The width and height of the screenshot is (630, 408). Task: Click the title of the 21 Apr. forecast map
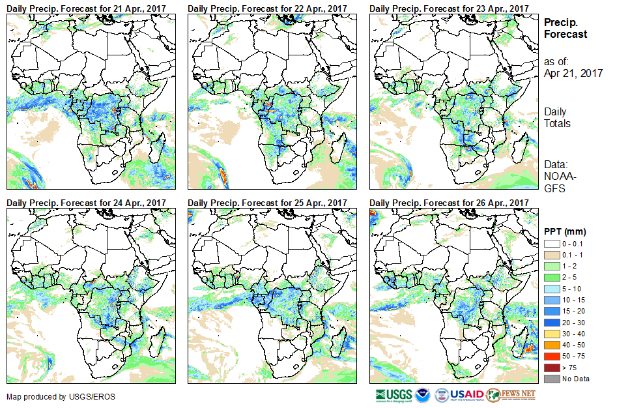pyautogui.click(x=87, y=8)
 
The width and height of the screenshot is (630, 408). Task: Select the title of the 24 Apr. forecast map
pyautogui.click(x=87, y=203)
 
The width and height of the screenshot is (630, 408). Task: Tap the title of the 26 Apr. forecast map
pyautogui.click(x=450, y=203)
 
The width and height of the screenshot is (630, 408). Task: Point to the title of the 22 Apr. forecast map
pyautogui.click(x=268, y=8)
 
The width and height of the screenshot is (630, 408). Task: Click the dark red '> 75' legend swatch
pyautogui.click(x=551, y=368)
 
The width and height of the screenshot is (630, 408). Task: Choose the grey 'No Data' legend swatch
pyautogui.click(x=551, y=379)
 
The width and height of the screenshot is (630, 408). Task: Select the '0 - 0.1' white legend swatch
pyautogui.click(x=551, y=243)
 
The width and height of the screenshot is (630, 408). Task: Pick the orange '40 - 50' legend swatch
pyautogui.click(x=551, y=347)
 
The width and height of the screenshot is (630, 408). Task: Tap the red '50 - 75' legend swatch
pyautogui.click(x=551, y=358)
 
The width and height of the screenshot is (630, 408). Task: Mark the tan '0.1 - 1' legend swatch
pyautogui.click(x=551, y=254)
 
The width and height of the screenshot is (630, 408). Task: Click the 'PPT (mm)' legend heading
pyautogui.click(x=565, y=231)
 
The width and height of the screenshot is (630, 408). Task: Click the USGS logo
pyautogui.click(x=394, y=395)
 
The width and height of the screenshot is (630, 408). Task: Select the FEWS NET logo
pyautogui.click(x=511, y=395)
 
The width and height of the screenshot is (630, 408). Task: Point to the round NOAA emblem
pyautogui.click(x=423, y=395)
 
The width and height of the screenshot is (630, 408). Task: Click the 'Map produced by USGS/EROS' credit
pyautogui.click(x=53, y=397)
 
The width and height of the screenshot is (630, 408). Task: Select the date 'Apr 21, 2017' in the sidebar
pyautogui.click(x=573, y=73)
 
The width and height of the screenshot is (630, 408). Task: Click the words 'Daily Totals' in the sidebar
pyautogui.click(x=558, y=118)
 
